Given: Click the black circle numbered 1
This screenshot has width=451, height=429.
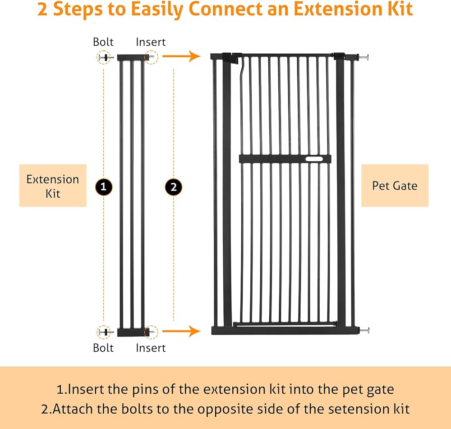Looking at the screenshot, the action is (x=104, y=186).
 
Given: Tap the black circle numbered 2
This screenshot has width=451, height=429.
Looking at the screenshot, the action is (x=174, y=186).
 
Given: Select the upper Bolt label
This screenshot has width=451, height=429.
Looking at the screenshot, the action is (x=103, y=42).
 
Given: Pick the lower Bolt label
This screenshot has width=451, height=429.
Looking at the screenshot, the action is (x=103, y=348).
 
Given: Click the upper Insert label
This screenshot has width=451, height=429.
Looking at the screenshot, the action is (x=151, y=42).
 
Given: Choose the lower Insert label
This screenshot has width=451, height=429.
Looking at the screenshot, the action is (x=151, y=348).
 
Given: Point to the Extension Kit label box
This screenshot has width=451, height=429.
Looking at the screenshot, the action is (x=53, y=186).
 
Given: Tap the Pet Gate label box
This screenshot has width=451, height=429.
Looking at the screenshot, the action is (x=395, y=186).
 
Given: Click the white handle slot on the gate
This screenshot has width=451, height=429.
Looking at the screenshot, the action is (x=314, y=159).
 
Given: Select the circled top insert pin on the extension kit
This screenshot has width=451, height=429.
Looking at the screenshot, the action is (x=151, y=57).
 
